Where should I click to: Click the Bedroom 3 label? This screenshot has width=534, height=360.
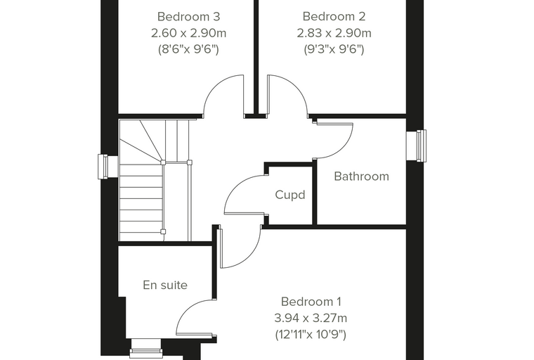189,16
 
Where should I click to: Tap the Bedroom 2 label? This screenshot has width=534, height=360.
334,16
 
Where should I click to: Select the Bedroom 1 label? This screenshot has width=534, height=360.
311,302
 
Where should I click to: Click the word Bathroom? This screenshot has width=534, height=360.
361,176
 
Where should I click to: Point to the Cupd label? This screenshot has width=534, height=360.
289,195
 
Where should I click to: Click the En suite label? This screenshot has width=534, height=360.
165,285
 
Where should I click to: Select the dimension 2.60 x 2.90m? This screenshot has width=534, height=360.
189,33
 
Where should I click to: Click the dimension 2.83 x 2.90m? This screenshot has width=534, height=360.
334,33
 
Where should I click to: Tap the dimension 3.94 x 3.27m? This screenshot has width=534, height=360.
311,318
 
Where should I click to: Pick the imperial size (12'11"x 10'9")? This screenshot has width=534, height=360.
311,335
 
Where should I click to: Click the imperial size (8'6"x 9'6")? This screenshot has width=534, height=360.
188,49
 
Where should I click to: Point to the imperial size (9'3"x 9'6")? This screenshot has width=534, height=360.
334,49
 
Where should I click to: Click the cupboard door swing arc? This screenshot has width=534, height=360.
235,186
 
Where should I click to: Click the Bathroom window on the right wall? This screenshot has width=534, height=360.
417,146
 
